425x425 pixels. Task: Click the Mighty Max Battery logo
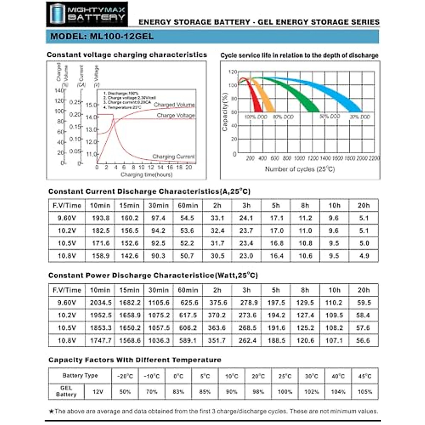tap(87, 14)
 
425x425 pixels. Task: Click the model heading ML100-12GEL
tap(102, 36)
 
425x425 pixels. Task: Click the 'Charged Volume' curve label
tap(174, 105)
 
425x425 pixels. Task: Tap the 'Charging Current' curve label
tap(174, 156)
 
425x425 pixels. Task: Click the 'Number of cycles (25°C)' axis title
tap(300, 169)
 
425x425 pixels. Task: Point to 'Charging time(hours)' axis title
tap(146, 175)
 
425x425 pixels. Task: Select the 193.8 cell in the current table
tap(101, 218)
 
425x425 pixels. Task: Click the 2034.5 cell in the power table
tap(101, 303)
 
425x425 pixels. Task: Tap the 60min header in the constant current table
tap(188, 205)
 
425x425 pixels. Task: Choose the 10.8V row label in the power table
tap(67, 340)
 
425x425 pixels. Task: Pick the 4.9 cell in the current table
tap(364, 256)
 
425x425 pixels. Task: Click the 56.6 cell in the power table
tap(363, 340)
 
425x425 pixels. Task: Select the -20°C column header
tap(125, 376)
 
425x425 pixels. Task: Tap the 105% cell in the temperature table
tap(365, 392)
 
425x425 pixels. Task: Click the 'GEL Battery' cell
tap(66, 391)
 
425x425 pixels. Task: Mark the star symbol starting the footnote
tap(51, 412)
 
